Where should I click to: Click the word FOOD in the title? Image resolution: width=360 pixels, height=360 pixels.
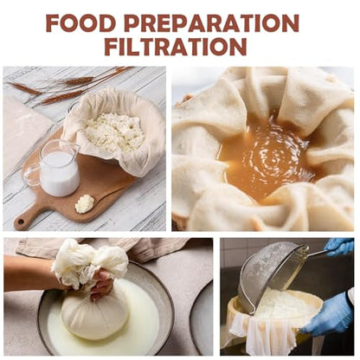[x=80, y=23]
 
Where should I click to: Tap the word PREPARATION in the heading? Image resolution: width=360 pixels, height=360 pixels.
[x=211, y=23]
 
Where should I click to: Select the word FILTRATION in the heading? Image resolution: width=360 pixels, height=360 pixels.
[x=176, y=47]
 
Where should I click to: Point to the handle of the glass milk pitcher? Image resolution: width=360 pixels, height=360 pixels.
[x=31, y=175]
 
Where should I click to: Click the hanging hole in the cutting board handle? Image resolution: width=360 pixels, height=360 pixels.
[x=21, y=222]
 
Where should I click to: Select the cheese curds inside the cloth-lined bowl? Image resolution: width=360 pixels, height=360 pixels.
[x=115, y=132]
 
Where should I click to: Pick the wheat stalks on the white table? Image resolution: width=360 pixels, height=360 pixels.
[x=69, y=85]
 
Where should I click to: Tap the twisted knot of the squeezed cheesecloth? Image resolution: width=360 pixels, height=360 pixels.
[x=89, y=261]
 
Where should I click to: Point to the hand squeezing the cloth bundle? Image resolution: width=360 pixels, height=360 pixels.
[x=102, y=284]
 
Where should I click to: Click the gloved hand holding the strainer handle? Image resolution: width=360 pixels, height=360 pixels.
[x=340, y=247]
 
